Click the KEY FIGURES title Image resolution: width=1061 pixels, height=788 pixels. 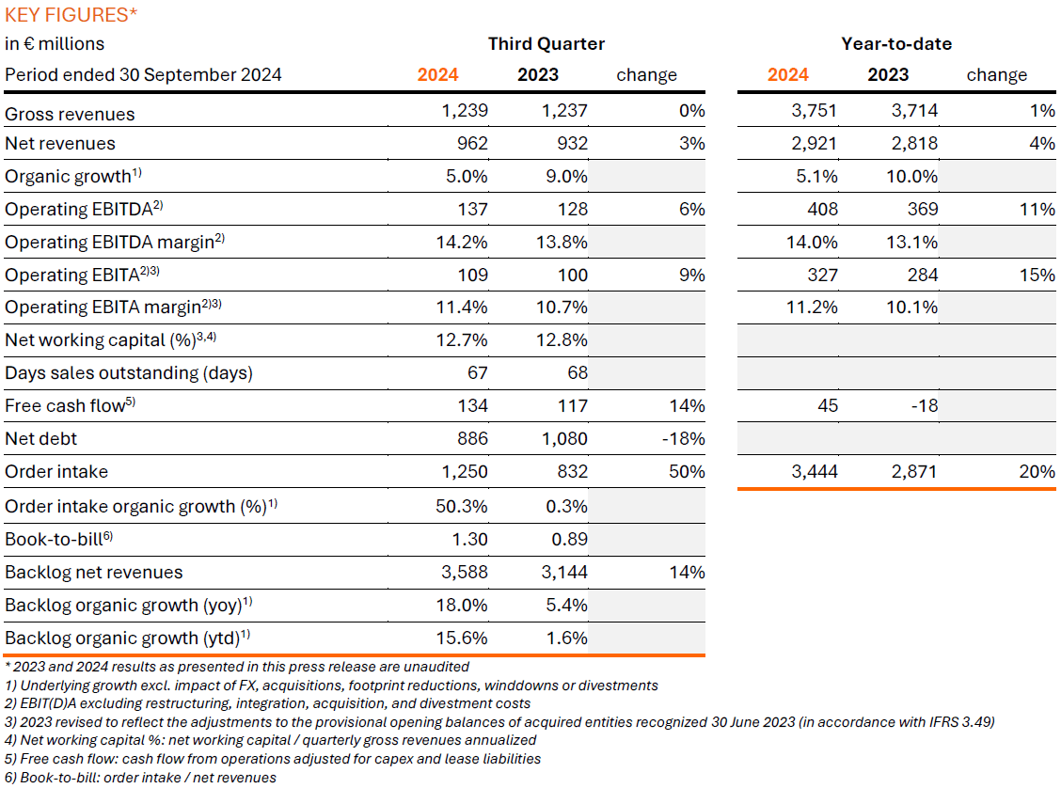(70, 14)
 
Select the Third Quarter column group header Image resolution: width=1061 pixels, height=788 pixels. (546, 44)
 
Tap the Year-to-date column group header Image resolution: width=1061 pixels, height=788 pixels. (895, 44)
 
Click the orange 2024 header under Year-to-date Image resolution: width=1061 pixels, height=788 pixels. (787, 75)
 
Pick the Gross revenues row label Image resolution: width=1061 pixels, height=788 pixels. (71, 114)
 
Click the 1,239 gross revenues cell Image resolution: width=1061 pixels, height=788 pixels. (465, 111)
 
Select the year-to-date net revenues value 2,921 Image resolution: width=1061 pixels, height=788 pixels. (814, 144)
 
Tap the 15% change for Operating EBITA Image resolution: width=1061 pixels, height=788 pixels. (1040, 276)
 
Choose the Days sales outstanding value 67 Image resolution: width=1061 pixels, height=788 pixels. (477, 373)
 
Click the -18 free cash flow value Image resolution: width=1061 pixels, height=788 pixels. (923, 406)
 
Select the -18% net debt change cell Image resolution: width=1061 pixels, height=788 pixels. (686, 439)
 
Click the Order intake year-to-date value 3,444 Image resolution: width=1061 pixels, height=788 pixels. (814, 472)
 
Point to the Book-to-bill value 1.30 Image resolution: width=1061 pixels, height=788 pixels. (469, 540)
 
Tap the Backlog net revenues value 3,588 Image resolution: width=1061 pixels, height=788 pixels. (464, 573)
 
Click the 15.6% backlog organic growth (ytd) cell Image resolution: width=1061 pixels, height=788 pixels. (463, 638)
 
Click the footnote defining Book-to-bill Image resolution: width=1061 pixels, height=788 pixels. (141, 777)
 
